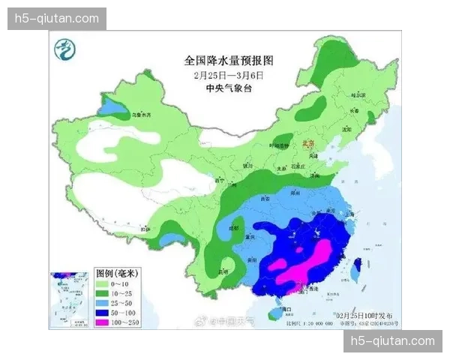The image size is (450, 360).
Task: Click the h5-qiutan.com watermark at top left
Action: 57,18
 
